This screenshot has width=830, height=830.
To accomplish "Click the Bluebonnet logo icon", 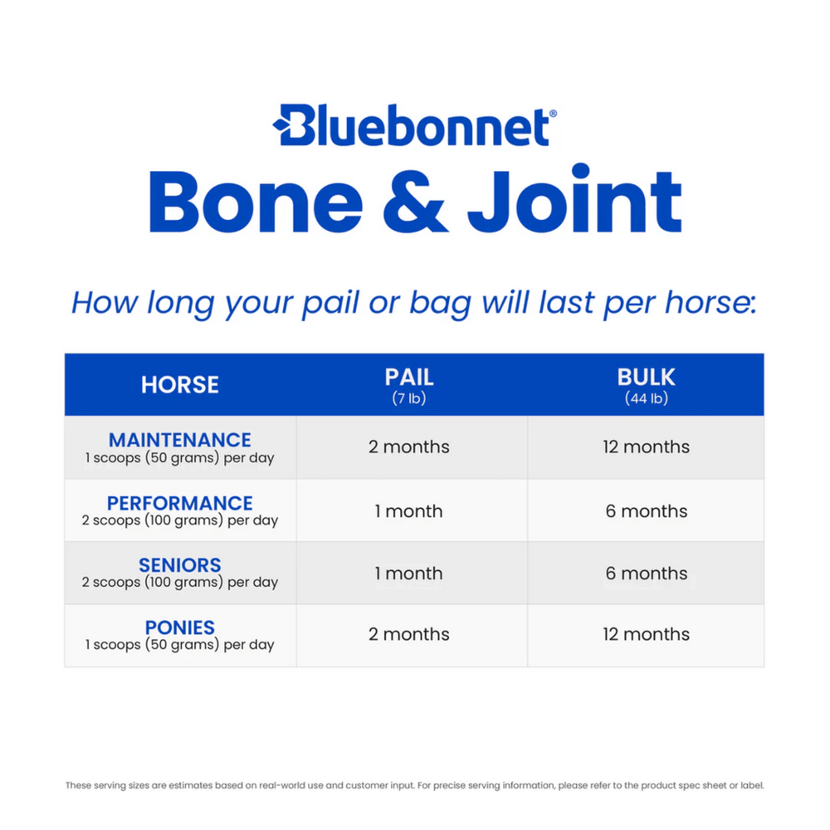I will click(289, 126).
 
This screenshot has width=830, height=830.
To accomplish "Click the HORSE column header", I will click(180, 385).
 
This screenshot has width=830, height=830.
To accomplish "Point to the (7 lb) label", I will click(408, 398).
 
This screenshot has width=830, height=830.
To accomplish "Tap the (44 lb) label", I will click(646, 398).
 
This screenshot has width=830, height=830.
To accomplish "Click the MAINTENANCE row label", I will click(180, 440).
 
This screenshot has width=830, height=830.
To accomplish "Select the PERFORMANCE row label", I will click(180, 503).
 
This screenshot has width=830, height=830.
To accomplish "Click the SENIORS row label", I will click(180, 565).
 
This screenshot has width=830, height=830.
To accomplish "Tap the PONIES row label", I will click(180, 627).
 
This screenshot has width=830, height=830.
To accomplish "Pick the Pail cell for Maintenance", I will click(409, 447).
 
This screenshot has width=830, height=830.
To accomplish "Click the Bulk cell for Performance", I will click(646, 511).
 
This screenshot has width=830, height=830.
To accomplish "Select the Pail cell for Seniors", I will click(409, 574).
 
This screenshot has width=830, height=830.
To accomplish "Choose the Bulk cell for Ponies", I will click(646, 634).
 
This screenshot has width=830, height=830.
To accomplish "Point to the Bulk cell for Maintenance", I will click(646, 447).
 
